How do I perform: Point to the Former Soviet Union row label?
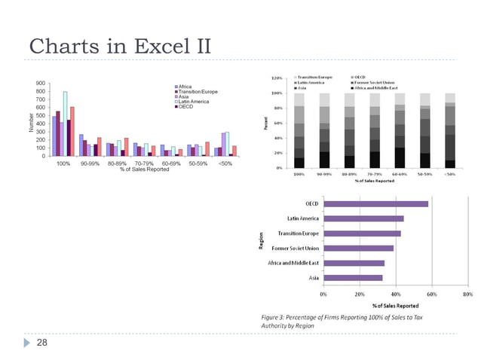pyautogui.click(x=296, y=248)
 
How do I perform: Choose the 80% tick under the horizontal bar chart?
pyautogui.click(x=468, y=294)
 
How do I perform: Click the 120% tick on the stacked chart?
pyautogui.click(x=277, y=78)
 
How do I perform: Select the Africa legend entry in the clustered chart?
pyautogui.click(x=185, y=86)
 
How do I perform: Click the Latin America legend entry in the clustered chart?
pyautogui.click(x=194, y=101)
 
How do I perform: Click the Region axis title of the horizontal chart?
pyautogui.click(x=261, y=240)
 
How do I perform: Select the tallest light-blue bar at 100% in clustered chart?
pyautogui.click(x=65, y=124)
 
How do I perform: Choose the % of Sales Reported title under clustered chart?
pyautogui.click(x=144, y=169)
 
